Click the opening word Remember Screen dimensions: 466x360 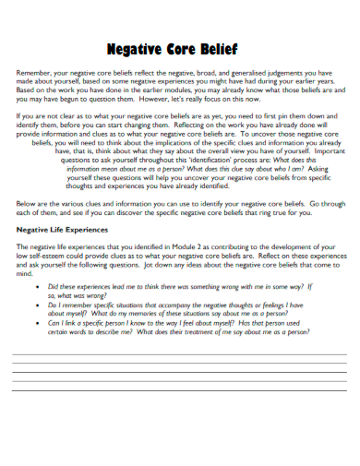tap(34, 71)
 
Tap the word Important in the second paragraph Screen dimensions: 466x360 tap(310, 150)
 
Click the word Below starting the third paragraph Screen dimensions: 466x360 tap(28, 202)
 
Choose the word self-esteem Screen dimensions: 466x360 tap(50, 256)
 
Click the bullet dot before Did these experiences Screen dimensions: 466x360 tap(38, 287)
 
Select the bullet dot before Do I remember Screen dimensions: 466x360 tap(38, 305)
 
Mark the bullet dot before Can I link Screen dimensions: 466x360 tap(38, 322)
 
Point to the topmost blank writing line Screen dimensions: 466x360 tap(179, 356)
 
